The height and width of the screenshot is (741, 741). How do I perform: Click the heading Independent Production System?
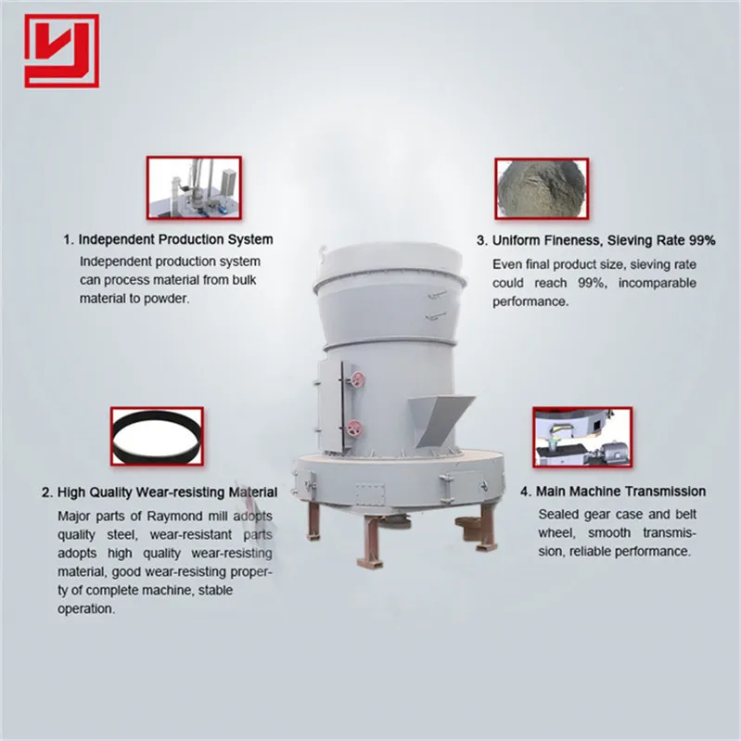(167, 239)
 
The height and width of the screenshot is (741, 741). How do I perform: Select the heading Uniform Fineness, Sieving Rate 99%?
(596, 240)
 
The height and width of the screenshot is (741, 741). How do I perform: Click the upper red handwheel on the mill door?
(355, 376)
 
